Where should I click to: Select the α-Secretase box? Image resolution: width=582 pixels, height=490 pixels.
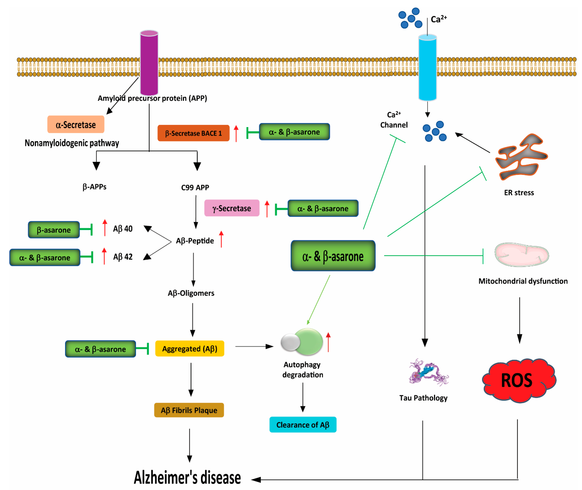click(76, 124)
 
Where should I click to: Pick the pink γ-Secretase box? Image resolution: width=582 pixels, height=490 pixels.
click(232, 208)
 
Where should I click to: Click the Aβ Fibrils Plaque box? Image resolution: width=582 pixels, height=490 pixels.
click(189, 410)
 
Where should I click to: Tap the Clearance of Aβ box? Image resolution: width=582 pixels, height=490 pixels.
click(303, 424)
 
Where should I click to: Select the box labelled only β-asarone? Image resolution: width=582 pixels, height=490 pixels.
click(54, 230)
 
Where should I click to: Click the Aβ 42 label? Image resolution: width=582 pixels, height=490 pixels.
click(123, 257)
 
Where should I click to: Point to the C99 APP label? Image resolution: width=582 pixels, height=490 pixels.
click(195, 187)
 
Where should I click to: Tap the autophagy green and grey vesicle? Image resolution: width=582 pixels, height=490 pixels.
click(302, 342)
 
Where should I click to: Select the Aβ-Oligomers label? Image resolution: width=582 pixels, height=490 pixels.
click(191, 293)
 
